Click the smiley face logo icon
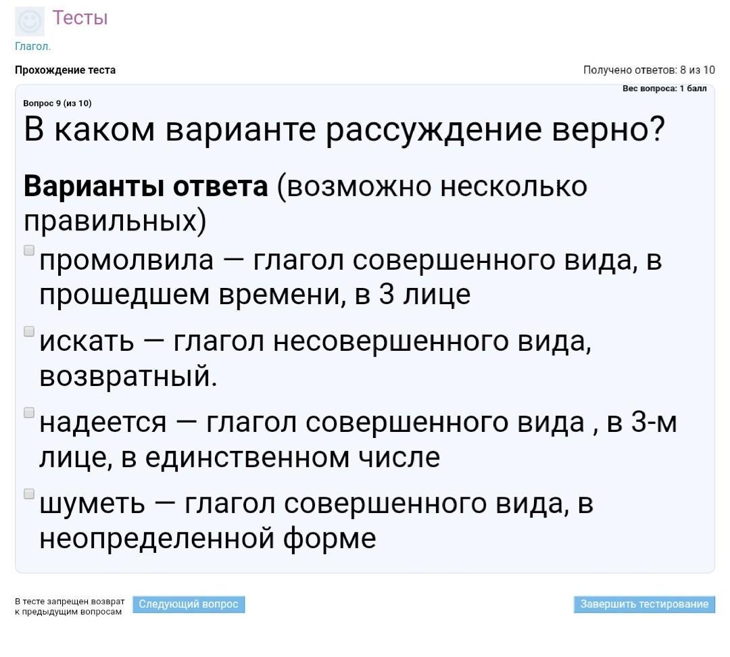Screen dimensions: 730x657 (x=30, y=22)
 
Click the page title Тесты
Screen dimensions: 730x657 (x=80, y=18)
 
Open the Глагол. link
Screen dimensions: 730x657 (x=32, y=46)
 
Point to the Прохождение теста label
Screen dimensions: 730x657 (x=65, y=70)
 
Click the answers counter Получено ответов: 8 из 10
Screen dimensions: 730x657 (x=649, y=70)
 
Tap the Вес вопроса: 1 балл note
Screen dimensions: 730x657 (x=664, y=89)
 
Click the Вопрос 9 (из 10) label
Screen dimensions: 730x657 (x=57, y=103)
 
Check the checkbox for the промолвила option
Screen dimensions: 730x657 (x=29, y=251)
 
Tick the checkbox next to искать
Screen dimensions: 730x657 (x=29, y=331)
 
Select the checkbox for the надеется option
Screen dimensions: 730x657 (x=29, y=412)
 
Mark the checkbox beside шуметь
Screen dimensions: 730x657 (x=29, y=493)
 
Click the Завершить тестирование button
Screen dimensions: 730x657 (x=644, y=604)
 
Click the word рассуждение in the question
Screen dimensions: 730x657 (x=433, y=130)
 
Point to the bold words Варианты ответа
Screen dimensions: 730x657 (x=146, y=187)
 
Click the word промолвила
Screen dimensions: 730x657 (x=126, y=260)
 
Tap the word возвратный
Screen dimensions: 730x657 (x=128, y=376)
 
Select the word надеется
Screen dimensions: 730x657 (x=103, y=422)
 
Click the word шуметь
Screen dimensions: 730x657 (x=92, y=504)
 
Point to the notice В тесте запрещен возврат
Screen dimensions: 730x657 (x=70, y=601)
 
